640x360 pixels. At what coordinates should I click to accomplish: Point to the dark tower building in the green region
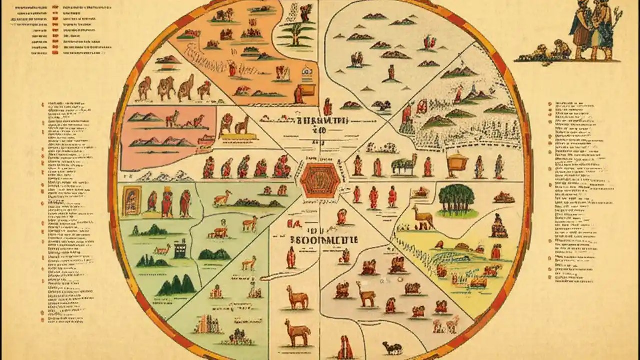click(180, 248)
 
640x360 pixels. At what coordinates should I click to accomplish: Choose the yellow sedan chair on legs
click(457, 163)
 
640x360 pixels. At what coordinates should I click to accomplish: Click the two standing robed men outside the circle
click(593, 30)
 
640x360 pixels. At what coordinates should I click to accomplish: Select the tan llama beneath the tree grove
click(423, 218)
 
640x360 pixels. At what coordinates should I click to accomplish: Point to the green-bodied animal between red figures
click(404, 165)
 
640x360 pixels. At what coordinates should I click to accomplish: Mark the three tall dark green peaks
click(176, 285)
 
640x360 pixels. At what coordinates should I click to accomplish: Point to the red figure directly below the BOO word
click(291, 257)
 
